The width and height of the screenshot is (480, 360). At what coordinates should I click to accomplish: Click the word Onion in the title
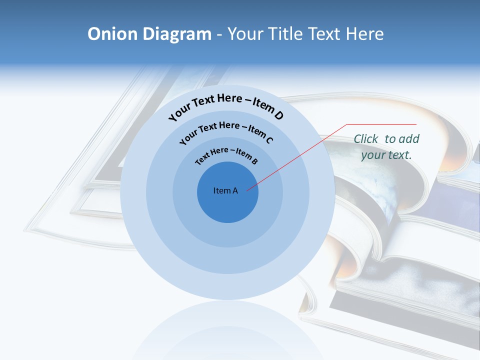[x=113, y=34]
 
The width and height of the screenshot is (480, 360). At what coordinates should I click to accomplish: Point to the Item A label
[x=225, y=190]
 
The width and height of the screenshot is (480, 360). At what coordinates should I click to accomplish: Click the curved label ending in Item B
[x=226, y=154]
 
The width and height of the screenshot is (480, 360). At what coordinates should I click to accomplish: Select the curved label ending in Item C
[x=226, y=131]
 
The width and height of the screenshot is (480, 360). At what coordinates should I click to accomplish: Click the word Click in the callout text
[x=366, y=139]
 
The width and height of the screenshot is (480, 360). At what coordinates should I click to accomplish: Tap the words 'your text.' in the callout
[x=386, y=155]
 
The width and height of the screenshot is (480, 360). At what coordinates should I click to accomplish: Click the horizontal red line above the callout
[x=381, y=124]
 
